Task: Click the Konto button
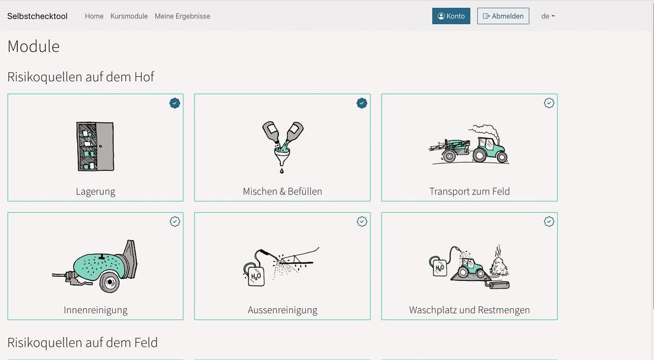point(451,16)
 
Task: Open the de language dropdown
point(548,16)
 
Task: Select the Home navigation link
point(94,16)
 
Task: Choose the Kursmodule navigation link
point(129,16)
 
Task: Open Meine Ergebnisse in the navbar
point(182,16)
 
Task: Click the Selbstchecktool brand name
point(37,16)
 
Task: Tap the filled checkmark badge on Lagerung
point(175,103)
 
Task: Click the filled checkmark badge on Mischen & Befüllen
point(361,103)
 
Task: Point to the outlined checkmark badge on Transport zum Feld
point(549,103)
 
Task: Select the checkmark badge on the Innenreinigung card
point(175,222)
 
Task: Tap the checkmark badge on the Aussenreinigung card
point(361,222)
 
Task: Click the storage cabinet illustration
point(95,147)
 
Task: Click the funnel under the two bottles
point(282,157)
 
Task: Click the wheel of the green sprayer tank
point(109,282)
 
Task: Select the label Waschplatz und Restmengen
point(469,310)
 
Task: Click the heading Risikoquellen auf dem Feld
point(83,343)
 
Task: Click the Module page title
point(33,46)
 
